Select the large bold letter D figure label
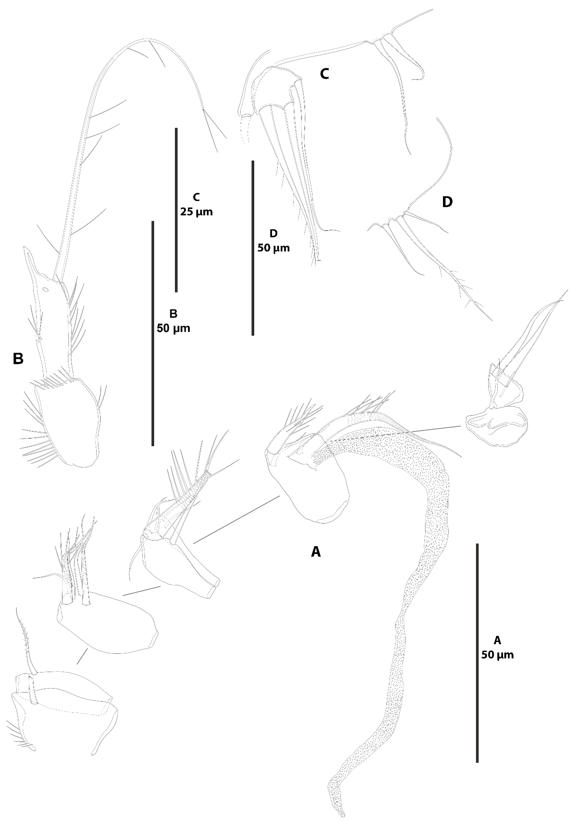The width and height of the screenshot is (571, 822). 447,202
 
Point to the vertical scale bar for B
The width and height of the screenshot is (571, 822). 153,333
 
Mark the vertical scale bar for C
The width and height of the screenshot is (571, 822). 176,210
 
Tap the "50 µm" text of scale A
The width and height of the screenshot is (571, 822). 497,655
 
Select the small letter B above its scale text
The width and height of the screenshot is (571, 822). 173,314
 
